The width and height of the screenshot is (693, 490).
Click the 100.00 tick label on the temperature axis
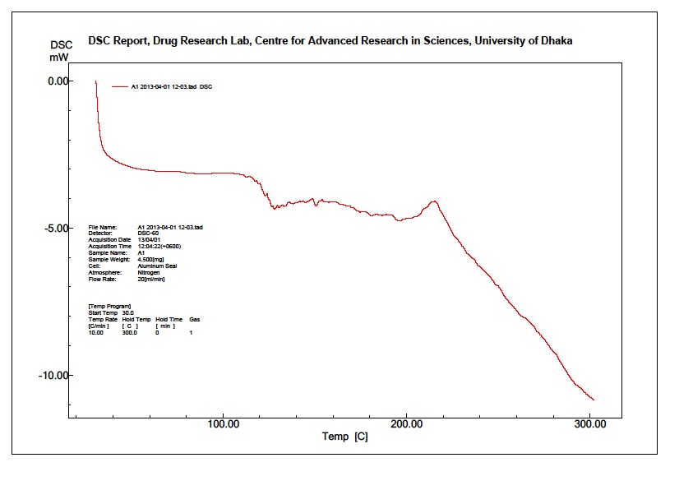[x=224, y=424]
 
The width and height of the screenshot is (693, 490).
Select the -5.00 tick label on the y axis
[x=59, y=228]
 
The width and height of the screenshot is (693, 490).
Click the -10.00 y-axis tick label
[x=57, y=375]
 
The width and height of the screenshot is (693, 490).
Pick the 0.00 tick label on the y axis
[x=61, y=81]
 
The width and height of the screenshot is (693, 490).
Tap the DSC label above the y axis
[x=62, y=45]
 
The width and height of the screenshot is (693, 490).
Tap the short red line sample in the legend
[x=121, y=86]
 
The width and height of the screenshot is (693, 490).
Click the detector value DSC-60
[x=149, y=233]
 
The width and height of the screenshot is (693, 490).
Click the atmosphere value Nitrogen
[x=148, y=272]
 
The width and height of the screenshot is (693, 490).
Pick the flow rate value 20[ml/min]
[x=152, y=279]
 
